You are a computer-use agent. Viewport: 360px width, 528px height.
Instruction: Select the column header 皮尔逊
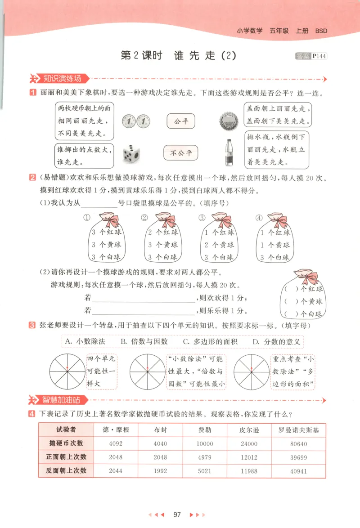(x=249, y=430)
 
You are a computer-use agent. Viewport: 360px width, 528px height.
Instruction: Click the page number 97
(x=177, y=514)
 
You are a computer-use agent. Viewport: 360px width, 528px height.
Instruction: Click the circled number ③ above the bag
(x=202, y=218)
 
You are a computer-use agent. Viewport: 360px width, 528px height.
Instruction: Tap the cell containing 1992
(x=160, y=471)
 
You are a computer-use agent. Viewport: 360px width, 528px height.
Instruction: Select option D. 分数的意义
(x=276, y=341)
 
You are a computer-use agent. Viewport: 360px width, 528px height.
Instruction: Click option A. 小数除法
(x=85, y=341)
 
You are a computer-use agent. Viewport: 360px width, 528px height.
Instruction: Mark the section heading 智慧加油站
(x=62, y=399)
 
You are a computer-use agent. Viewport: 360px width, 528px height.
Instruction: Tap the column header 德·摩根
(x=116, y=430)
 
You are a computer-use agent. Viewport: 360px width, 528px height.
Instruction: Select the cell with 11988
(x=249, y=471)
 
